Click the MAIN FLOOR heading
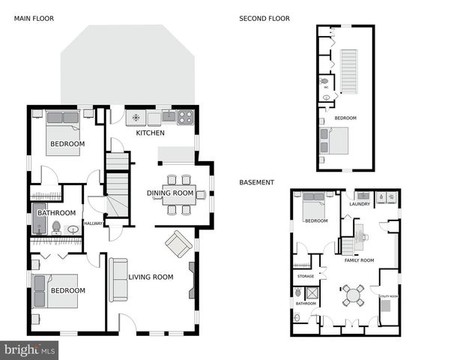tap(34, 19)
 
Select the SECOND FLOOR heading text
tap(264, 19)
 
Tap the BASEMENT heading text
tap(256, 182)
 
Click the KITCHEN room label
tap(150, 133)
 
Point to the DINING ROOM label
tap(170, 193)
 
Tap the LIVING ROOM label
tap(151, 277)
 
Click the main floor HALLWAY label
tap(93, 223)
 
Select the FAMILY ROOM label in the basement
tap(359, 260)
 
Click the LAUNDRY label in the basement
tap(360, 203)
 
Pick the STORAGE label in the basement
tap(305, 277)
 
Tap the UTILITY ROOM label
tap(389, 297)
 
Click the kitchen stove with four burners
tap(185, 117)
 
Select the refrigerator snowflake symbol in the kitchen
tap(136, 117)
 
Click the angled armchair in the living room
tap(178, 243)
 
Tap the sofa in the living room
tap(118, 279)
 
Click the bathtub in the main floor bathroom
tap(40, 218)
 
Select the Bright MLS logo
tap(30, 349)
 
